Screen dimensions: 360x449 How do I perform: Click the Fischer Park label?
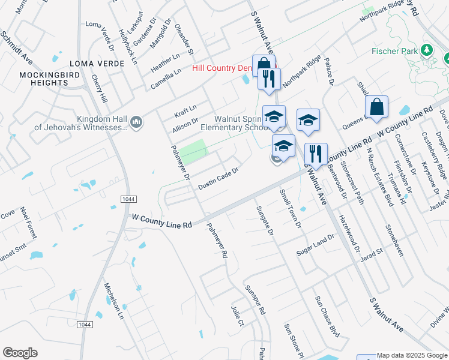(x=394, y=51)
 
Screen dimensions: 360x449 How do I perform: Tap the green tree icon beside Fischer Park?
(x=427, y=49)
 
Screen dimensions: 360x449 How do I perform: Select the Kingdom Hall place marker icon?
(x=136, y=122)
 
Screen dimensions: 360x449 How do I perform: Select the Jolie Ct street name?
(x=238, y=316)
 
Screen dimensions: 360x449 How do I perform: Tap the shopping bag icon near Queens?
(x=376, y=107)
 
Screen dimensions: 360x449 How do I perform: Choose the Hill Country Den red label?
(x=222, y=68)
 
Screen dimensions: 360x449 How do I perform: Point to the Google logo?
(x=20, y=353)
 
